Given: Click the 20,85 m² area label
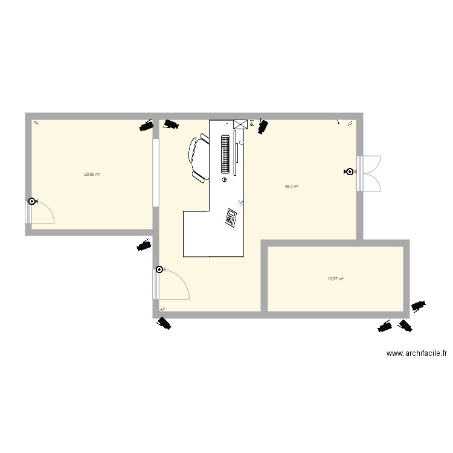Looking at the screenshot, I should [x=92, y=174].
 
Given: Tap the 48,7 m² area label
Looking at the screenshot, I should [x=292, y=187].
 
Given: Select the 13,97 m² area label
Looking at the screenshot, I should [x=335, y=278].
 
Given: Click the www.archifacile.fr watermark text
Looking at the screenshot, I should [x=417, y=354].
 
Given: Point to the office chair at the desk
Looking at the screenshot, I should [x=199, y=158].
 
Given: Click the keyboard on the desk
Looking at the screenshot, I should [x=226, y=153].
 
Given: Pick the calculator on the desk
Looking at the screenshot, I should [x=231, y=217].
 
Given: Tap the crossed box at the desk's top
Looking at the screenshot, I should [x=240, y=124].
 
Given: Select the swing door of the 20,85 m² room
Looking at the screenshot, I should [x=41, y=212].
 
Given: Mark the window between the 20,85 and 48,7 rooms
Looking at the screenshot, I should [x=155, y=173].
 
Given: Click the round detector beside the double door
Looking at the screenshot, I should [x=349, y=172].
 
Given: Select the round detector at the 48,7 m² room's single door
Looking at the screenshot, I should [x=159, y=270].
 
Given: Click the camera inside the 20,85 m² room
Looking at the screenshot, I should [x=146, y=126].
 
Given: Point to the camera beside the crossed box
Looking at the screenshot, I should [x=263, y=127].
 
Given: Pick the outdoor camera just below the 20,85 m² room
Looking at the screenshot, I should [x=144, y=245].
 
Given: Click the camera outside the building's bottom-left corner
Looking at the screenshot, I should [x=163, y=324].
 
